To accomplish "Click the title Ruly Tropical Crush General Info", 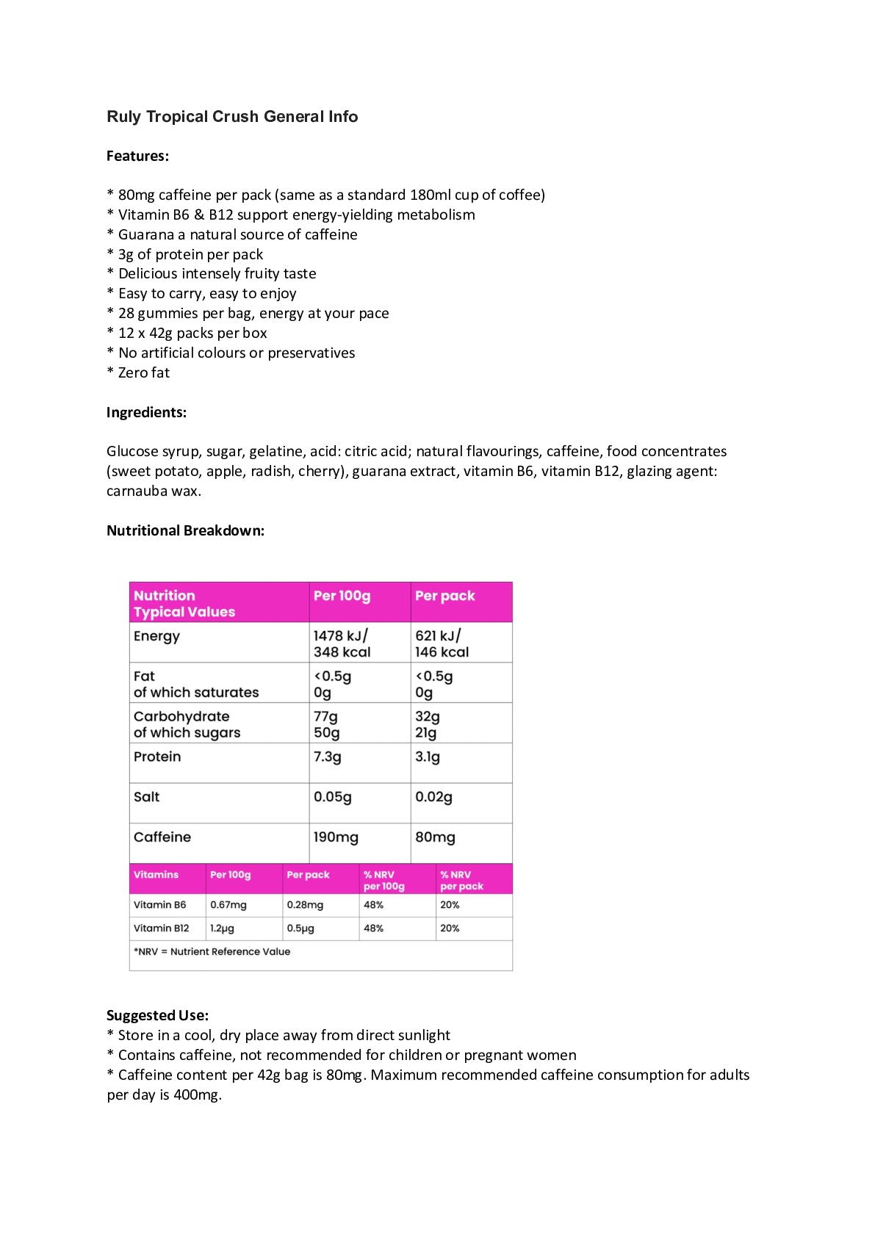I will (x=232, y=116).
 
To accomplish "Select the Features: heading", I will (x=137, y=156).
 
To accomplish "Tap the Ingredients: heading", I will (x=146, y=412).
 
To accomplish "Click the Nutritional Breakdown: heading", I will (x=185, y=530).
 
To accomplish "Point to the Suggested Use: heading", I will (x=157, y=1015).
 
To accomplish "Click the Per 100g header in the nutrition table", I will (x=342, y=596).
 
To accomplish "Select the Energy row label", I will (x=156, y=636).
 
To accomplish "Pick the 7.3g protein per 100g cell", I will (x=328, y=757).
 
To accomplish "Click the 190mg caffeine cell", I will (x=336, y=837).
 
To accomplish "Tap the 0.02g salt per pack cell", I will (x=433, y=797).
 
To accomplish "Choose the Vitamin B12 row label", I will (x=161, y=928).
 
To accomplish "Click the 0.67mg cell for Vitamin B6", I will (x=228, y=905).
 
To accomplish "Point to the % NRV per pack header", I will (x=461, y=880).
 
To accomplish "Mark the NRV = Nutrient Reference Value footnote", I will (x=212, y=951).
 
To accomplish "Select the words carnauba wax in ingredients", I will (x=153, y=491).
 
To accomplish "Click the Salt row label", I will (x=146, y=797).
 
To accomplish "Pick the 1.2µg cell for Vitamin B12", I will (x=222, y=928).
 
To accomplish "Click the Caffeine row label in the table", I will (x=162, y=837).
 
